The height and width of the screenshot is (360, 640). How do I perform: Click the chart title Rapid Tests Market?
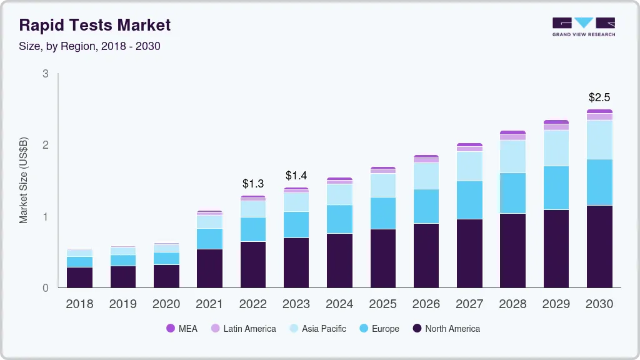[x=94, y=25]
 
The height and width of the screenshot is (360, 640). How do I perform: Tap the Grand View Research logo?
[x=583, y=27]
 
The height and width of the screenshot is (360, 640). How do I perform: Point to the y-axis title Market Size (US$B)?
[x=24, y=181]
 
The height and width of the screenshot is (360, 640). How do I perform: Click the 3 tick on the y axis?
[x=45, y=74]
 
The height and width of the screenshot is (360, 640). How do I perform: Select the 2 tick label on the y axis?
[x=45, y=145]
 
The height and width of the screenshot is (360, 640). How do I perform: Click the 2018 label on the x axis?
[x=79, y=304]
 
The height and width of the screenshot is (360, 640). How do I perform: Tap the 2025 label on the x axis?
[x=382, y=304]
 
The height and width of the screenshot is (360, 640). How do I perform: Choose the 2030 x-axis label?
[x=599, y=304]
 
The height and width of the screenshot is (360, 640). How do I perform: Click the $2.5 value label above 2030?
[x=599, y=97]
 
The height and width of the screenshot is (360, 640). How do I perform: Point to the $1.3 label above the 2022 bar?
[x=253, y=184]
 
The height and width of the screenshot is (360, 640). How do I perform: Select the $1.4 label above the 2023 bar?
[x=296, y=176]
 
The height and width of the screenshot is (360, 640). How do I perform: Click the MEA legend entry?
[x=181, y=329]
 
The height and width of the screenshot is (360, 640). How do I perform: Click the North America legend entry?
[x=446, y=329]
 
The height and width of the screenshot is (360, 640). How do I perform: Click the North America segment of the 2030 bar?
[x=599, y=246]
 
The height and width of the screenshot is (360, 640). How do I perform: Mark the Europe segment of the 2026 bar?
[x=426, y=206]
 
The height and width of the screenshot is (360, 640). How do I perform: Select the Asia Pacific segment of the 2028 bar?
[x=512, y=156]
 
